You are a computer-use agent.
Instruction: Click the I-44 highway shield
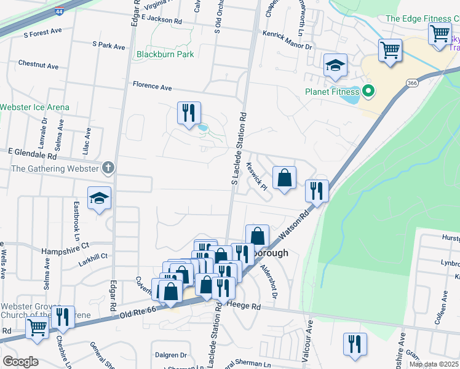tap(58, 11)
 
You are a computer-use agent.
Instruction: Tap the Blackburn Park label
tap(165, 54)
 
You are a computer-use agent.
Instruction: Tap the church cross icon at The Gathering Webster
tap(108, 167)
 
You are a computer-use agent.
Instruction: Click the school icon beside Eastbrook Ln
tap(99, 198)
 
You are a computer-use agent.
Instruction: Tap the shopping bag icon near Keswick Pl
tap(284, 178)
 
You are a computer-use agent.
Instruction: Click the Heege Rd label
tap(244, 305)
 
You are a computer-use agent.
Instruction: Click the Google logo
tap(20, 362)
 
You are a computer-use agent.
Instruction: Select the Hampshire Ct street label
tap(65, 251)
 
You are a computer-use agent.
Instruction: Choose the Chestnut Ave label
tap(38, 65)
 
